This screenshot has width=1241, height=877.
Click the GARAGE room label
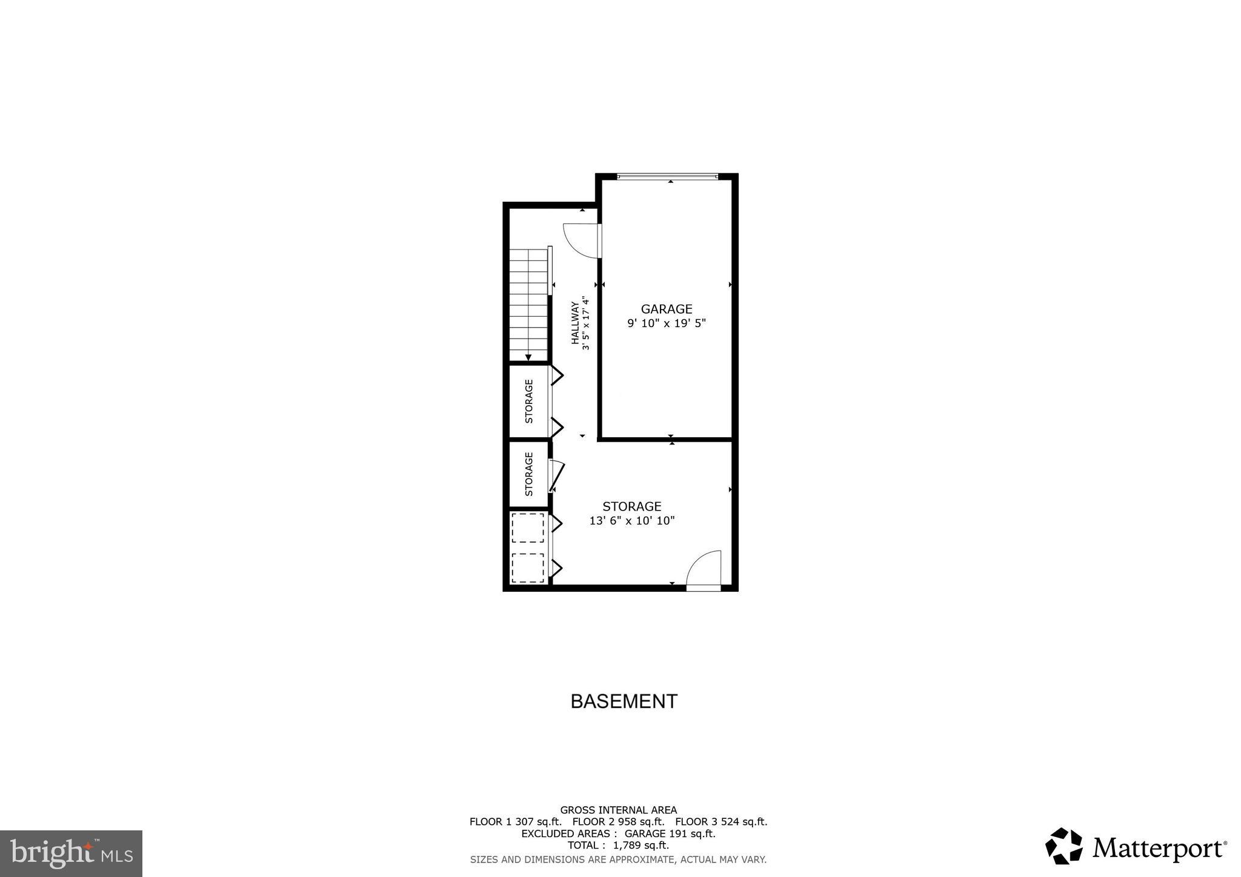666,309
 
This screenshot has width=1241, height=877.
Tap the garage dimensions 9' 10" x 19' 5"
666,323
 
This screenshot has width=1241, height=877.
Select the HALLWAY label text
574,323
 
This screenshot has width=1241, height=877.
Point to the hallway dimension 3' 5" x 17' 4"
585,323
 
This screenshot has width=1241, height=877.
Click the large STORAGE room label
631,506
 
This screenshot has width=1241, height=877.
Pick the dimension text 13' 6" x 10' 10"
631,520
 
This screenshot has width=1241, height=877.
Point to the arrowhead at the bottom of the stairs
528,358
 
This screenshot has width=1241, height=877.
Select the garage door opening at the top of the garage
667,177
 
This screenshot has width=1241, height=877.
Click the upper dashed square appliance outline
527,528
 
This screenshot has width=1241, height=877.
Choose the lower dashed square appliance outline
527,568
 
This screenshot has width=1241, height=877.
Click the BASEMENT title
624,701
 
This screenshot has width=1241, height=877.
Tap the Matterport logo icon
1063,846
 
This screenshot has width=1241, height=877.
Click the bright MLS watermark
71,853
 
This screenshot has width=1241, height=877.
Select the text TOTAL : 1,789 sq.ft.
618,846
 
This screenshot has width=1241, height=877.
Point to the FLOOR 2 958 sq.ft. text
618,822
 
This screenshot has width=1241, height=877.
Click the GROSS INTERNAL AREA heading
618,810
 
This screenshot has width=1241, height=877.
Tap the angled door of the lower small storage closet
557,476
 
